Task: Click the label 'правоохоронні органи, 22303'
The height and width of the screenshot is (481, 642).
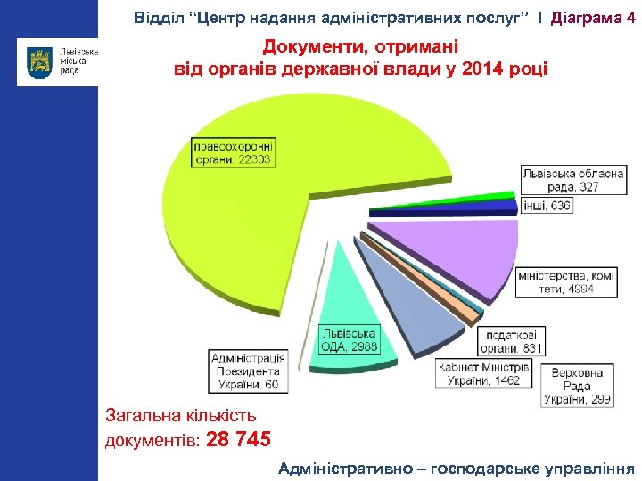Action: click(x=234, y=152)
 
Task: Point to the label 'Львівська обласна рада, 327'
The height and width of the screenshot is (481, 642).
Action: click(x=573, y=181)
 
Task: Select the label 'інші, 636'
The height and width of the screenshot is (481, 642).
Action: click(x=547, y=206)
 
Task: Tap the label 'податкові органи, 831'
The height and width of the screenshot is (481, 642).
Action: click(x=511, y=342)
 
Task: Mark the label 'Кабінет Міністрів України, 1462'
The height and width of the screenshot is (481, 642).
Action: click(x=484, y=374)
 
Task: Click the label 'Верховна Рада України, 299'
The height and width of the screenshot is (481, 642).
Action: click(x=579, y=387)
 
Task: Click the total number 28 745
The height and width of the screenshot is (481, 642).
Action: click(x=238, y=439)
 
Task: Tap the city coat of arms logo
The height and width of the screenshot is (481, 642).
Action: click(x=40, y=61)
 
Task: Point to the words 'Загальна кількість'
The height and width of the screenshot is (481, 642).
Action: click(x=181, y=414)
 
